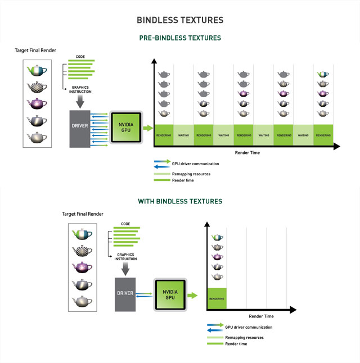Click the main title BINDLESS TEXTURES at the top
click(180, 20)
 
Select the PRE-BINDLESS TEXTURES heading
click(180, 38)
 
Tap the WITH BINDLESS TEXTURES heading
click(180, 201)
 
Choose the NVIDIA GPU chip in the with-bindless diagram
click(170, 294)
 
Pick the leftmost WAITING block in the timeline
click(184, 135)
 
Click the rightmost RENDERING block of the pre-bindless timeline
click(323, 135)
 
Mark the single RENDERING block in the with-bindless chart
click(217, 298)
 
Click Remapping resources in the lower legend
click(244, 337)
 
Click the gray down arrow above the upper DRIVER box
click(79, 102)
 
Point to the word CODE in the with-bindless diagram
click(125, 224)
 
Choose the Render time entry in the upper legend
click(188, 180)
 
